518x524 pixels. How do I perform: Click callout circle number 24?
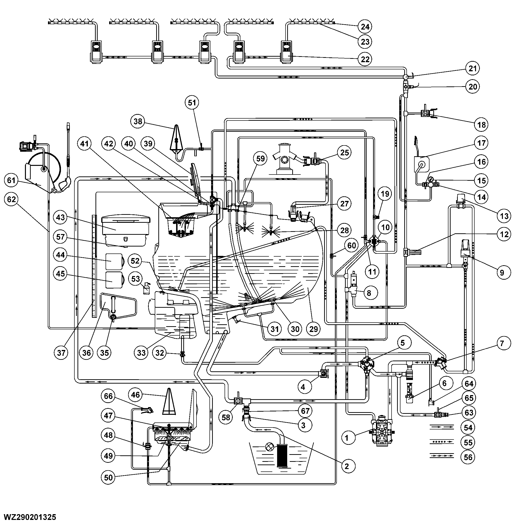point(365,27)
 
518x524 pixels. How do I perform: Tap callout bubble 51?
point(192,102)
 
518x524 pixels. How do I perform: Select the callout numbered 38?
point(138,121)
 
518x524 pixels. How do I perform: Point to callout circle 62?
point(11,199)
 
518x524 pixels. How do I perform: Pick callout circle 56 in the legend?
point(468,457)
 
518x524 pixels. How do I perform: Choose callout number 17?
point(481,143)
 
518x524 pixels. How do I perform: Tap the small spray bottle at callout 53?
point(146,288)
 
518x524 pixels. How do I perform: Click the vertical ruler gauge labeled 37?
point(94,266)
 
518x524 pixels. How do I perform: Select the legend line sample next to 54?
point(441,427)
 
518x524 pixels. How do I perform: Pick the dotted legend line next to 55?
point(441,442)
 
